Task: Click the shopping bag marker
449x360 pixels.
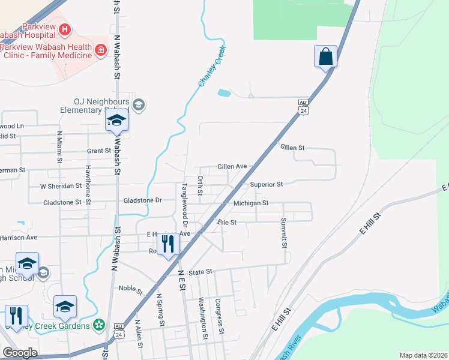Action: pos(325,56)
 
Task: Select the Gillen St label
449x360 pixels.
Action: pos(292,147)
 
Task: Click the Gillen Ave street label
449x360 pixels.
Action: pos(232,166)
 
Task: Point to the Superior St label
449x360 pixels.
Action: pos(266,184)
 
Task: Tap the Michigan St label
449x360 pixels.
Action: pos(250,203)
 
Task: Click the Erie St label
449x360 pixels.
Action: pos(227,222)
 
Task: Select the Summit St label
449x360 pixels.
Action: pos(283,233)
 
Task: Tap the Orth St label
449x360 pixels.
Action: pos(200,185)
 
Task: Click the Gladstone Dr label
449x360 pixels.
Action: pos(142,200)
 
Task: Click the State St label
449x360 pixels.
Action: pos(201,272)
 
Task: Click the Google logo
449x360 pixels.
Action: pos(20,353)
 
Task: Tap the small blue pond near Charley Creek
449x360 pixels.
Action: pos(224,93)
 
